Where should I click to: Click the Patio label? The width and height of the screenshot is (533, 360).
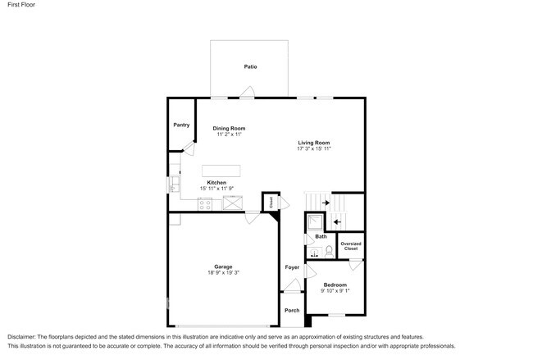[x=251, y=66]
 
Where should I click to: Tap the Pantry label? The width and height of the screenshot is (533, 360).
[x=181, y=125]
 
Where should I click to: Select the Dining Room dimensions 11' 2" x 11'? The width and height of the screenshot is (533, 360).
[x=229, y=134]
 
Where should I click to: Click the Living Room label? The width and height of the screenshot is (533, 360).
[x=314, y=143]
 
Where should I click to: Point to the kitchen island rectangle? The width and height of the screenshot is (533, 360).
[x=221, y=171]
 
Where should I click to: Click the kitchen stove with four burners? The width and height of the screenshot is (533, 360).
[x=205, y=204]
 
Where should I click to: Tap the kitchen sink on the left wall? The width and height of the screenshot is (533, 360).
[x=175, y=184]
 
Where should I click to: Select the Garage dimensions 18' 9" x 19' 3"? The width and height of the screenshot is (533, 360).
[x=223, y=272]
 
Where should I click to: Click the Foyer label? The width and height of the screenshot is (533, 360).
[x=292, y=267]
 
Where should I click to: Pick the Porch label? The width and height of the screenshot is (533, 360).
[x=292, y=310]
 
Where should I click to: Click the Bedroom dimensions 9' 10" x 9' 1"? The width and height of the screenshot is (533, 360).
[x=335, y=290]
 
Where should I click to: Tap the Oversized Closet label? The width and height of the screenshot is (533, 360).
[x=351, y=246]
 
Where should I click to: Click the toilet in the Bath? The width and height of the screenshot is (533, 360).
[x=329, y=251]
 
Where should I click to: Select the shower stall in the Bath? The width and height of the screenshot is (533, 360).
[x=315, y=222]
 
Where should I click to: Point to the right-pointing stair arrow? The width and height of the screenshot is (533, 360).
[x=326, y=203]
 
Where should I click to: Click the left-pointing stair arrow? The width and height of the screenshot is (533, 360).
[x=337, y=222]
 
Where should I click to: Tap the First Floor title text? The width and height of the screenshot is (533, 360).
[x=21, y=4]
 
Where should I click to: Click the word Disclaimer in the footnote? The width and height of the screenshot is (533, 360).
[x=21, y=337]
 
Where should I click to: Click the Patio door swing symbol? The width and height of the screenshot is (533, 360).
[x=248, y=92]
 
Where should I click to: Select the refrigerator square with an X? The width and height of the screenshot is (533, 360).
[x=233, y=203]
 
